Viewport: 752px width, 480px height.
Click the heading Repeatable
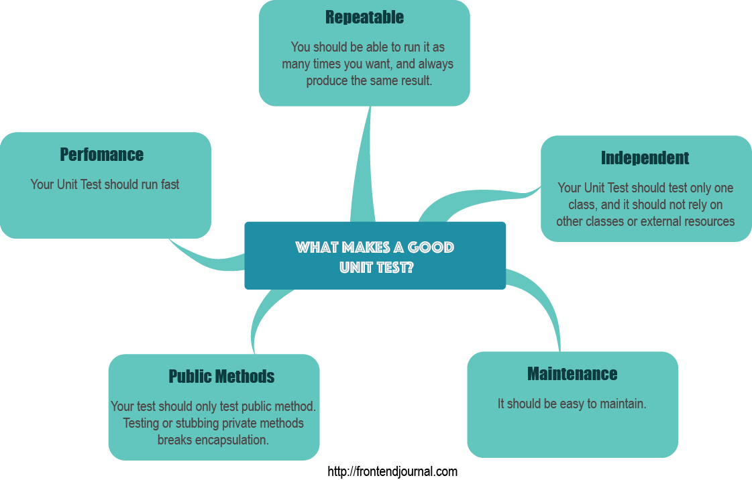(x=364, y=17)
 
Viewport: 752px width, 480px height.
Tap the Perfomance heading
(x=102, y=155)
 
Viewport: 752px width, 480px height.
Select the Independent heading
(x=645, y=158)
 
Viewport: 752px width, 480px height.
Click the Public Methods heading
(x=221, y=377)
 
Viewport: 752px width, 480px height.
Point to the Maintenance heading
(x=572, y=374)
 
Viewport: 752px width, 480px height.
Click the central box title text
(x=375, y=257)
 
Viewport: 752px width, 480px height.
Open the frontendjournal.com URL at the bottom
(x=392, y=471)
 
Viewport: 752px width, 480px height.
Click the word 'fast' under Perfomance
(x=170, y=184)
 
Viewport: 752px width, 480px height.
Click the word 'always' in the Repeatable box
(x=436, y=64)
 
